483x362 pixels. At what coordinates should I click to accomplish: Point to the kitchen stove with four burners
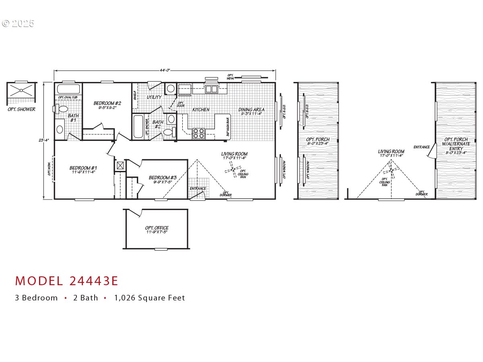pyautogui.click(x=199, y=133)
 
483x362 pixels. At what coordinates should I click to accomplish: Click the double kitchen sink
pyautogui.click(x=211, y=89)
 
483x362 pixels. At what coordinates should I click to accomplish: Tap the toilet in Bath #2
pyautogui.click(x=169, y=132)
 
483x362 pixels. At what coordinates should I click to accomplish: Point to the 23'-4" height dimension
pyautogui.click(x=43, y=140)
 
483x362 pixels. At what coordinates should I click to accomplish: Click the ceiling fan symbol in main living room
pyautogui.click(x=233, y=171)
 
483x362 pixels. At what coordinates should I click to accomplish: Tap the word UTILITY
pyautogui.click(x=154, y=97)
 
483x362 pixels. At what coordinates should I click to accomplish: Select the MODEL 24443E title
pyautogui.click(x=67, y=281)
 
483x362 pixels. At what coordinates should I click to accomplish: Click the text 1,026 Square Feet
pyautogui.click(x=149, y=298)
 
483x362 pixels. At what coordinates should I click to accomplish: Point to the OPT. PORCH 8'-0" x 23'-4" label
pyautogui.click(x=318, y=141)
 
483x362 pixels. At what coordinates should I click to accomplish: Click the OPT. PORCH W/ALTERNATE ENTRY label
pyautogui.click(x=456, y=146)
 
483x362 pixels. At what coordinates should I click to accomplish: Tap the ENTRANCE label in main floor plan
pyautogui.click(x=198, y=188)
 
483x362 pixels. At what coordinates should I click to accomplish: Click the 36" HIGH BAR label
pyautogui.click(x=228, y=127)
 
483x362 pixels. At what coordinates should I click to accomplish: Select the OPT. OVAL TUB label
pyautogui.click(x=68, y=97)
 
